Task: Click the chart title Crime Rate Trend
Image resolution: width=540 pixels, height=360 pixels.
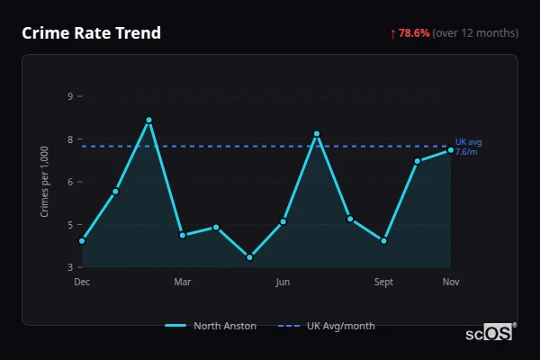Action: pos(91,33)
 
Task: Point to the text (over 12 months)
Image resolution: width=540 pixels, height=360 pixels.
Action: pos(475,33)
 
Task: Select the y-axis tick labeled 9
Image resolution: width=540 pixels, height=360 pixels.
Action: pos(70,95)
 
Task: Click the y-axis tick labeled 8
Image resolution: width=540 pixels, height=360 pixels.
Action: pos(70,139)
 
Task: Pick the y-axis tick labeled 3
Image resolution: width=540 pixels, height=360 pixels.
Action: pos(70,267)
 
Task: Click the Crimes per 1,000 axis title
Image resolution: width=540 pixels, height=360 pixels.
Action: pos(45,181)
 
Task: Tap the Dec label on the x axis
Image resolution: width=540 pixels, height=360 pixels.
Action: pos(82,283)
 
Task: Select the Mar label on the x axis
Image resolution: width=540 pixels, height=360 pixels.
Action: pos(183,283)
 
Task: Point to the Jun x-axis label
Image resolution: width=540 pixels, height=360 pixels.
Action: pos(283,283)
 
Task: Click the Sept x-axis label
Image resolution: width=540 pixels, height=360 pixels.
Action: pos(383,283)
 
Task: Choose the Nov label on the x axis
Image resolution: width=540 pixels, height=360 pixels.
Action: pos(451,283)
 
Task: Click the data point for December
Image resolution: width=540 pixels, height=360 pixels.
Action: pos(82,241)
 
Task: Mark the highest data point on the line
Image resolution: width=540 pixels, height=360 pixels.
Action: pos(148,120)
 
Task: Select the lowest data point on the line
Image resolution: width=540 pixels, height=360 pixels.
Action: pos(249,257)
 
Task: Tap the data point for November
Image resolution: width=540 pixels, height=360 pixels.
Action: pos(451,150)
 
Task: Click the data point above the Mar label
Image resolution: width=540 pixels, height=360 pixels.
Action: pos(183,235)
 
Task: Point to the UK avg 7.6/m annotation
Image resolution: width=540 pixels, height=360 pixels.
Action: pos(468,147)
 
